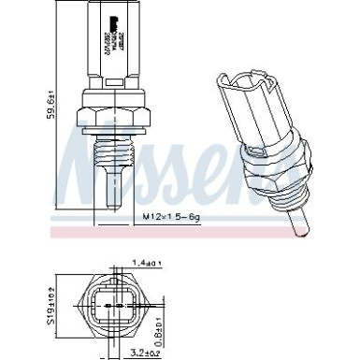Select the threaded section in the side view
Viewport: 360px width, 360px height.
click(115, 155)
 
